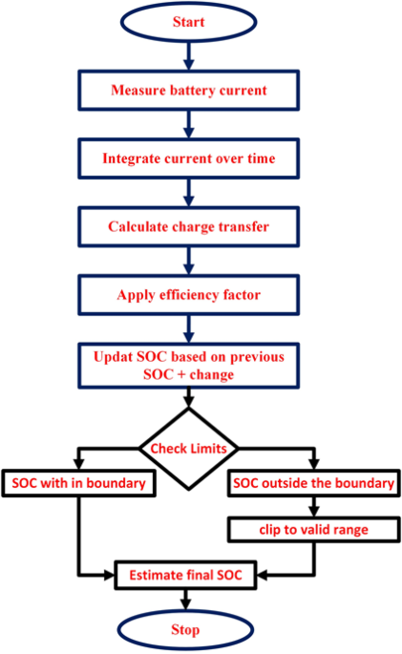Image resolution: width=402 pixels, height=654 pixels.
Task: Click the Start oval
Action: pos(186,21)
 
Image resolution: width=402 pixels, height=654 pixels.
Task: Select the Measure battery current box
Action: pos(187,91)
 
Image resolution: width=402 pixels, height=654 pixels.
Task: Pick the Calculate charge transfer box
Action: pos(187,227)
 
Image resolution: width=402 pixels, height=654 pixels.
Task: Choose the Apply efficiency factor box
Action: pos(187,296)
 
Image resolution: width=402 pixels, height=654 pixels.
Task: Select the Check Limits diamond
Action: pos(187,449)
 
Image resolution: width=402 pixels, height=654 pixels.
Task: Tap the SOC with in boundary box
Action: pos(79,484)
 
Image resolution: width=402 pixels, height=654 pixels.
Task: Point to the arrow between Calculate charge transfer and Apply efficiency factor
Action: pos(187,262)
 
